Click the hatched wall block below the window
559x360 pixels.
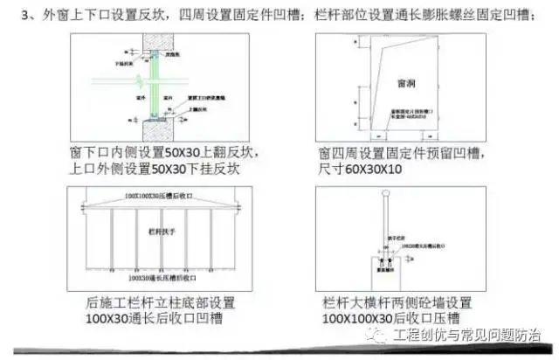156,128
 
